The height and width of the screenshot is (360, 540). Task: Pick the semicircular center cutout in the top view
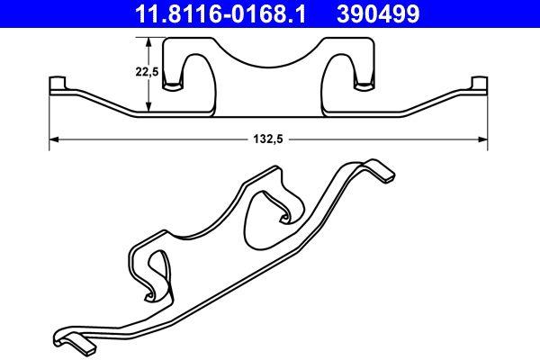(267, 54)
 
